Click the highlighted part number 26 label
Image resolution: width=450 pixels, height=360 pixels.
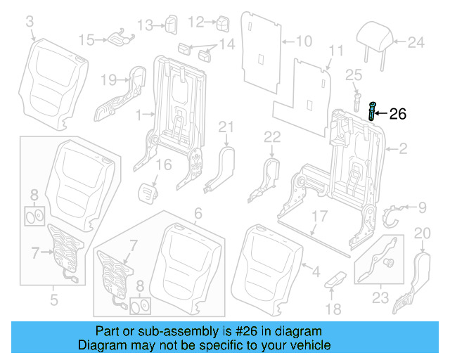click(397, 114)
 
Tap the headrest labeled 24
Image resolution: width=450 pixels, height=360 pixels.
click(375, 35)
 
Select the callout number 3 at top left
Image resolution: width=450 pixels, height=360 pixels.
click(30, 24)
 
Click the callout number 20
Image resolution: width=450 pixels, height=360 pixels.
click(422, 233)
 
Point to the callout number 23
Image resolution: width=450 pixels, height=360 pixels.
click(380, 298)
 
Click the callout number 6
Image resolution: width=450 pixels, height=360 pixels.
click(198, 212)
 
